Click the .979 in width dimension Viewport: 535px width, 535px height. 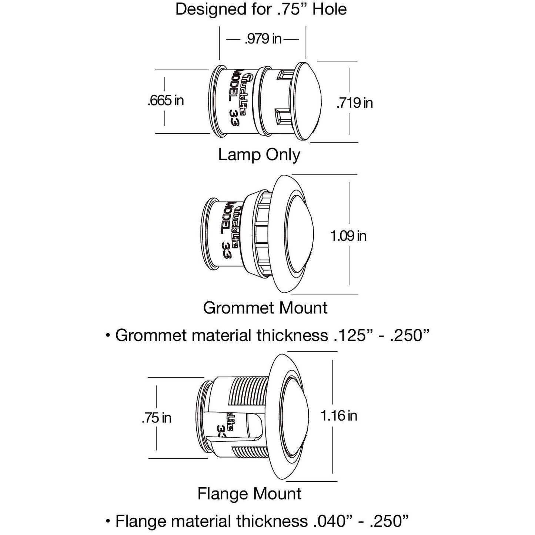click(263, 39)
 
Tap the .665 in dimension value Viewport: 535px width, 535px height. click(165, 100)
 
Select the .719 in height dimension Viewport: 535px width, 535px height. click(355, 103)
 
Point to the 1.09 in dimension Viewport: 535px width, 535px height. click(348, 236)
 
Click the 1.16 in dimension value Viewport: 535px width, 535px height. click(339, 416)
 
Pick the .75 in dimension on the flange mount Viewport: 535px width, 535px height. click(156, 418)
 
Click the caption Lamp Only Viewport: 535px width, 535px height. click(259, 155)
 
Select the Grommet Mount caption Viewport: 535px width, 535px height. click(265, 308)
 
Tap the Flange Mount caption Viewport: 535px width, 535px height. click(249, 494)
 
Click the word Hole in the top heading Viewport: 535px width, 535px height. click(330, 9)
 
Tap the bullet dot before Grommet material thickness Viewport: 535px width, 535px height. click(108, 336)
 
